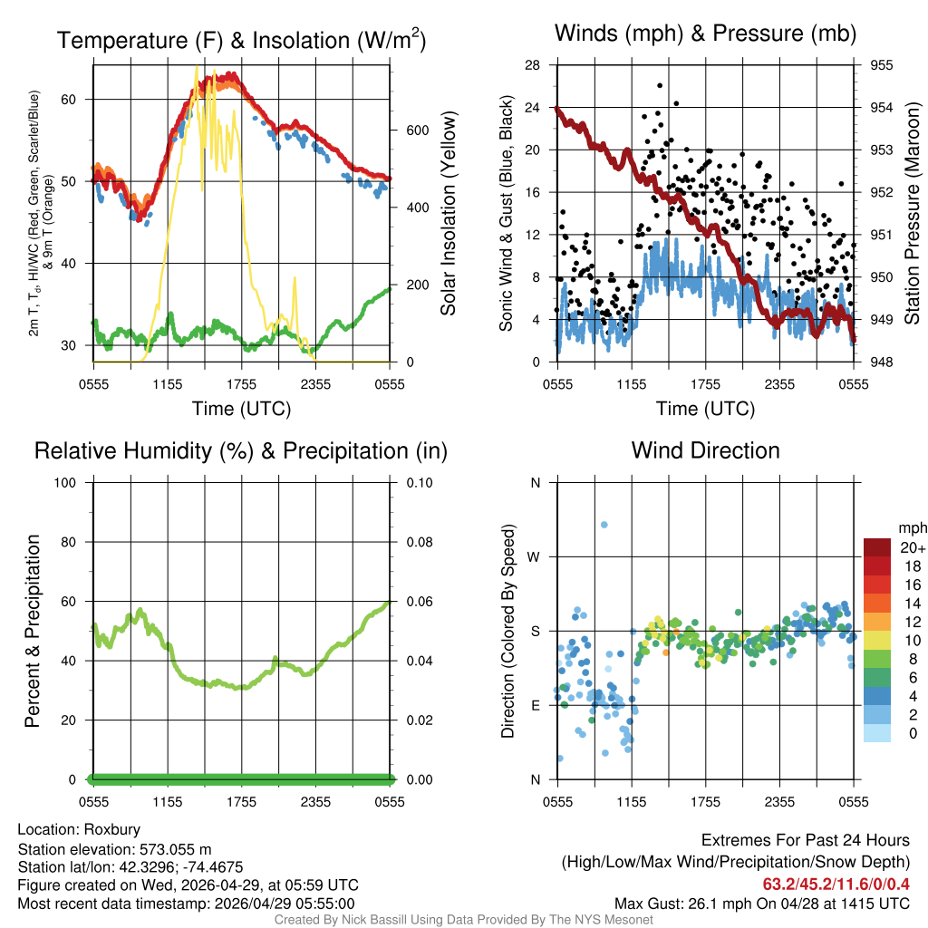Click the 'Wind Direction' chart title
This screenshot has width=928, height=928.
click(705, 450)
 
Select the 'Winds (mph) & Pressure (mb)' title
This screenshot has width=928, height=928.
click(705, 34)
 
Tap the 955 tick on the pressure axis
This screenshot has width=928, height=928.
click(883, 65)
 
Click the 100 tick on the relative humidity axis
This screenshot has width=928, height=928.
click(71, 482)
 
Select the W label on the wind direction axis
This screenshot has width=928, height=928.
click(535, 556)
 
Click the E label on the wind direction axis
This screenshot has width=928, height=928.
click(535, 705)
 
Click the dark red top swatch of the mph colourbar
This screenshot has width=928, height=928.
click(879, 547)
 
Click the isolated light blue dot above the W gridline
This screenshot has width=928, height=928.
click(604, 525)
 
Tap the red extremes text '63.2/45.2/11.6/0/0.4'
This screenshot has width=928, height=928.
click(836, 884)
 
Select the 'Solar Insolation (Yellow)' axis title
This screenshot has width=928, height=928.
click(449, 214)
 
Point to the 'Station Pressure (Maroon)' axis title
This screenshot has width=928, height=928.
click(913, 214)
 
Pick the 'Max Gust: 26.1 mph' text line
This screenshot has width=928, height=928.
click(761, 904)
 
